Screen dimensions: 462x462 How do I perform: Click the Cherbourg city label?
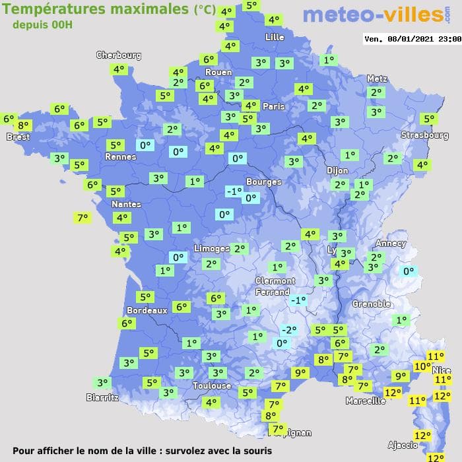point(119,55)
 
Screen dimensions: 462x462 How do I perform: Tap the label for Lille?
point(274,37)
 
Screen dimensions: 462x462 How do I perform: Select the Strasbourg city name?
point(425,135)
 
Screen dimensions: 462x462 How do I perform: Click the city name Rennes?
point(121,156)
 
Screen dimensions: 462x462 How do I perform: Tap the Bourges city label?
point(263,181)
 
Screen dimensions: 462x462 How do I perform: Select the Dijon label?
point(337,170)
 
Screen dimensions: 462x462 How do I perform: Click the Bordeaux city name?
point(147,310)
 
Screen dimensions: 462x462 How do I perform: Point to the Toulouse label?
point(212,385)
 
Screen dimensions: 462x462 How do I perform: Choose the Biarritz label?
point(102,397)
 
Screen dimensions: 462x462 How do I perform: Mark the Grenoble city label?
point(372,304)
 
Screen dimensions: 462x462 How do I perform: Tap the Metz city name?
point(376,79)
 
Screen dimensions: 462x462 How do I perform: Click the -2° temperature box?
point(288,330)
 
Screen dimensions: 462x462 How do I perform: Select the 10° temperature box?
point(422,366)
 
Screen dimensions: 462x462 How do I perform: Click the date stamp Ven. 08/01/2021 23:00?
point(412,39)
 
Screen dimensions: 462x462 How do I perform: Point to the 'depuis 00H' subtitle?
point(43,24)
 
